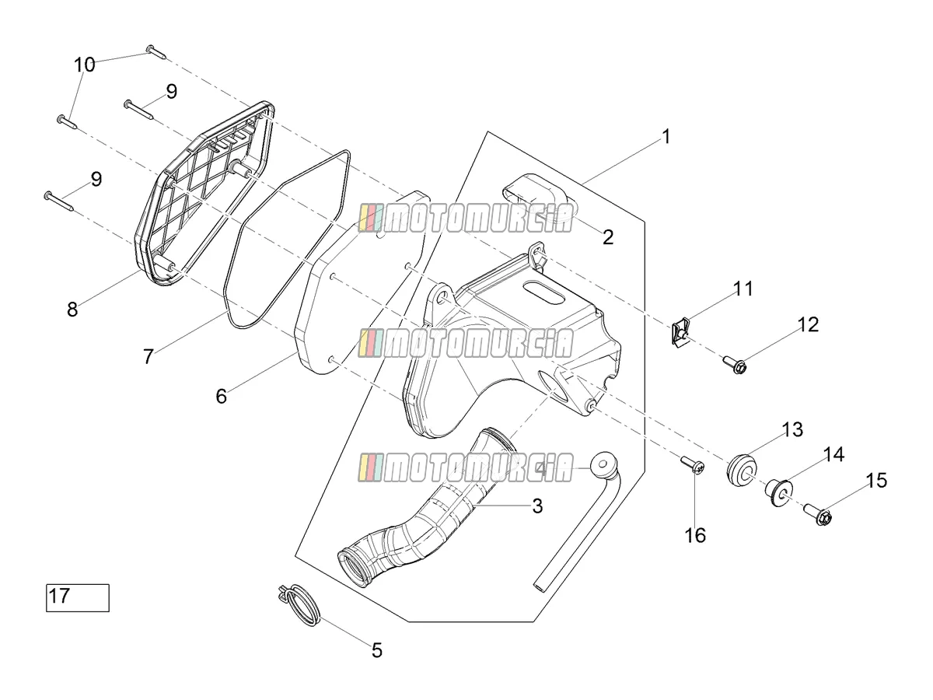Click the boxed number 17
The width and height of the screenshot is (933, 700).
point(59,596)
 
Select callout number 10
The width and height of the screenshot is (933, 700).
point(84,65)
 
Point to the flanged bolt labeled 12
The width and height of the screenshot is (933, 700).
point(735,365)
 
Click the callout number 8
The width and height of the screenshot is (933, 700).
point(72,309)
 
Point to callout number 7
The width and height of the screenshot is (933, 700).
point(148,356)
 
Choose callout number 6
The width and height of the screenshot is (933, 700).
point(222,396)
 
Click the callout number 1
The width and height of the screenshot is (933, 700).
point(666,137)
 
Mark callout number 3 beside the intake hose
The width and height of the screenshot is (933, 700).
point(537,506)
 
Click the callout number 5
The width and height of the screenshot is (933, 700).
point(377,651)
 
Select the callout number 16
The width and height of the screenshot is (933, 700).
point(695,535)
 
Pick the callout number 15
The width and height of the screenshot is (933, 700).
point(876,481)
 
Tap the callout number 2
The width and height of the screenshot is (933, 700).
point(608,237)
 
